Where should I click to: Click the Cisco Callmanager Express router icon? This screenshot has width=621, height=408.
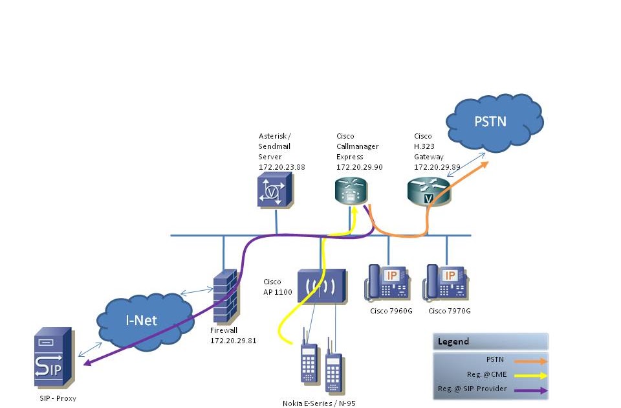point(351,192)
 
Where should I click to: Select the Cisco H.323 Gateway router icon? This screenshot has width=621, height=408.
point(428,192)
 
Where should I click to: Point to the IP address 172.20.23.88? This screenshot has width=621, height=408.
point(281,166)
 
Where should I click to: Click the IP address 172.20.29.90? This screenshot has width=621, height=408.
point(359,166)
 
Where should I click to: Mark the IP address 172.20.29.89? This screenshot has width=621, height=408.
point(437,166)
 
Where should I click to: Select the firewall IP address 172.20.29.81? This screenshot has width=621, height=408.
point(234,340)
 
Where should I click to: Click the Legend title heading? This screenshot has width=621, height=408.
point(453,341)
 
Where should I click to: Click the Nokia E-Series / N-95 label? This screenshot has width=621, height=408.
point(319,403)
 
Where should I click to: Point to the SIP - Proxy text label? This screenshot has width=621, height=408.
point(58,398)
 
